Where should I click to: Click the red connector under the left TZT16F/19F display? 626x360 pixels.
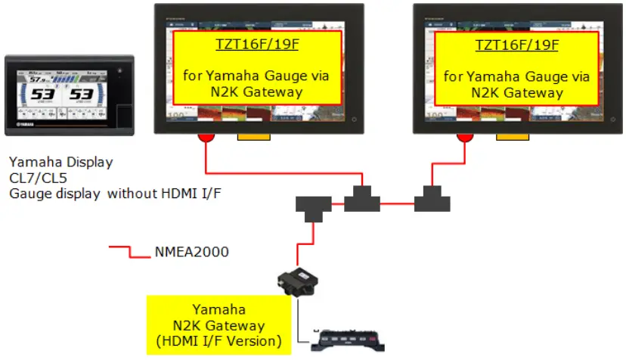(x=205, y=138)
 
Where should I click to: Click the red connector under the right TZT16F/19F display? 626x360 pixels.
(x=464, y=138)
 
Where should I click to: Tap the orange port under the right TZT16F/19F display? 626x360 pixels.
(x=512, y=138)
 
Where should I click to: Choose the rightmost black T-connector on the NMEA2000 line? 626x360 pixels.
(x=432, y=201)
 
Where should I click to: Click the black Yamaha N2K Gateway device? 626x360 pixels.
(x=297, y=283)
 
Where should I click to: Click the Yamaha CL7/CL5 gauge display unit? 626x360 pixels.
(x=69, y=95)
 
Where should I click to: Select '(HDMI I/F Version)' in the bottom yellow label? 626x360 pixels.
(x=218, y=341)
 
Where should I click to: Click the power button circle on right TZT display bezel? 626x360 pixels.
(x=615, y=119)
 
